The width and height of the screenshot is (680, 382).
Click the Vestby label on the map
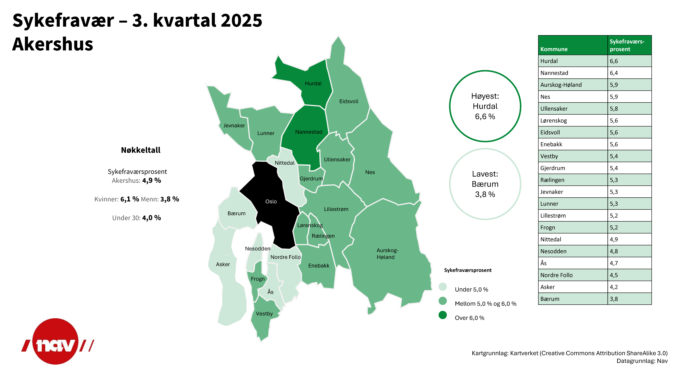pos(264,314)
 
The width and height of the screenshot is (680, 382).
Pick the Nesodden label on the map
pos(258,249)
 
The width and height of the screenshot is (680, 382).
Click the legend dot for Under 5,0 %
pos(443,287)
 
